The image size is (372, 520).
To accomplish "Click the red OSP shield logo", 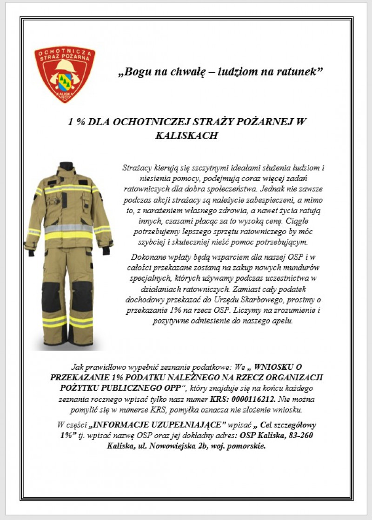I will tap(65, 73).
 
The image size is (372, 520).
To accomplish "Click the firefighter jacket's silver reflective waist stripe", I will tap(68, 229).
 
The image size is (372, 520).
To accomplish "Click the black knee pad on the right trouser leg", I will tap(82, 297).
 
